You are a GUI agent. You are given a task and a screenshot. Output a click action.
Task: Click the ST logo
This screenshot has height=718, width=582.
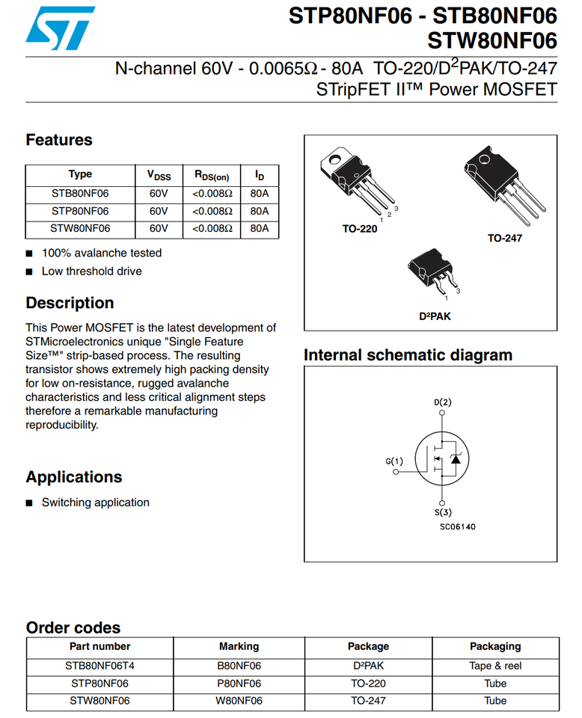(60, 28)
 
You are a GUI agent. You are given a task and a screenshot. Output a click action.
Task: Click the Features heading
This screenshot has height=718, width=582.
(59, 140)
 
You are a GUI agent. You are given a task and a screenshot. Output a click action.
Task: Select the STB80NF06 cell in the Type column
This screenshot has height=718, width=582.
(80, 194)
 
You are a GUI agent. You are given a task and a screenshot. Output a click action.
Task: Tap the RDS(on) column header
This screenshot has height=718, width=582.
(212, 175)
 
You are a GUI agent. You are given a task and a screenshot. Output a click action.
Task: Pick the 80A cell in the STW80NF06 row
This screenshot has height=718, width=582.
(259, 229)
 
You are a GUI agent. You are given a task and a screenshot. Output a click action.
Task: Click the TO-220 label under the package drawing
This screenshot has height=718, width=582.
(360, 229)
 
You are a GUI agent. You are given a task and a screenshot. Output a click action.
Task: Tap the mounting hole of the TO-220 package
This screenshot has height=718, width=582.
(334, 159)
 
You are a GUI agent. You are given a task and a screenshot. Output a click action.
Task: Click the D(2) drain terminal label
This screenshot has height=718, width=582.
(442, 402)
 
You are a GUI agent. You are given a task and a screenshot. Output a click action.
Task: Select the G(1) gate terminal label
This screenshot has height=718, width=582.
(394, 461)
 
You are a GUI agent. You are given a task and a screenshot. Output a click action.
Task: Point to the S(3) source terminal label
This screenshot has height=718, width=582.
(443, 512)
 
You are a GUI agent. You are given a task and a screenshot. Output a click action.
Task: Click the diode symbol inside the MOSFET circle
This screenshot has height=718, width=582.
(456, 458)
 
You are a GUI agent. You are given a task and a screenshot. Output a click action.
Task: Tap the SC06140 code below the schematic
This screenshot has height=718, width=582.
(458, 527)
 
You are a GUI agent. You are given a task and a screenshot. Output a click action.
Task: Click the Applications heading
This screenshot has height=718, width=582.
(74, 477)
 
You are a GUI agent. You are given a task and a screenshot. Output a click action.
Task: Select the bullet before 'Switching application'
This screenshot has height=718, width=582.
(29, 503)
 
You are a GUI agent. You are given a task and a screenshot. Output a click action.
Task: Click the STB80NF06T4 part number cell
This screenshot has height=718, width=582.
(99, 666)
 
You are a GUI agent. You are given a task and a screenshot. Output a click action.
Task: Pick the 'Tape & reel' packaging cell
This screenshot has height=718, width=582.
(495, 666)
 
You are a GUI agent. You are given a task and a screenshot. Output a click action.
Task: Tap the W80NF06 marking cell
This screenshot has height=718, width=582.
(239, 701)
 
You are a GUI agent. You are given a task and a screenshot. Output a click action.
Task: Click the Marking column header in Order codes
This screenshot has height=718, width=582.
(239, 646)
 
